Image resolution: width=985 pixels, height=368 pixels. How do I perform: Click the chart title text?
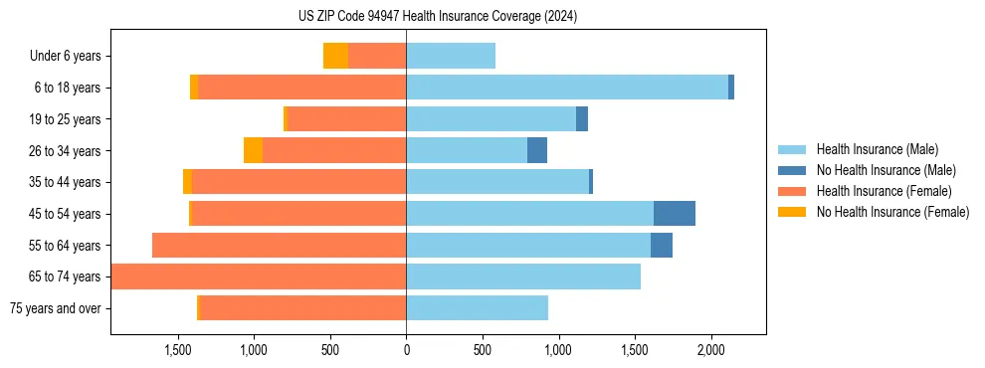(x=438, y=16)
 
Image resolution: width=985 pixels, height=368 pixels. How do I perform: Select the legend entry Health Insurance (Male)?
(x=877, y=149)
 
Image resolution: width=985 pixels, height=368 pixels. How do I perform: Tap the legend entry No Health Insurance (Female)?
(x=892, y=212)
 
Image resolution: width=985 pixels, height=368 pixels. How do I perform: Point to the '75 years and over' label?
(x=56, y=308)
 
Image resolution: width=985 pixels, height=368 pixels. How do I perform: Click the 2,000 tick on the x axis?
(x=710, y=351)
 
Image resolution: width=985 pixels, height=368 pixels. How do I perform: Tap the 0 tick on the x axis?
(x=406, y=351)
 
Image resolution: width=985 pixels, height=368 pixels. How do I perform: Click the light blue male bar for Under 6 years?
(x=451, y=56)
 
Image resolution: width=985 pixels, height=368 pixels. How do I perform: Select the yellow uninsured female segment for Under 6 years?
(x=335, y=56)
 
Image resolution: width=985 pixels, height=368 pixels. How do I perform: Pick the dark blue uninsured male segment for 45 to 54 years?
(x=675, y=214)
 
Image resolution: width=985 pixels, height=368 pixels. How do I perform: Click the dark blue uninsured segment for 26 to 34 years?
(x=537, y=150)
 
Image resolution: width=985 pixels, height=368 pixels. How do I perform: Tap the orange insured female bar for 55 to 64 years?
(x=279, y=245)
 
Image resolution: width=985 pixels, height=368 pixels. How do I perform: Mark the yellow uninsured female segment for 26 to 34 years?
(x=253, y=150)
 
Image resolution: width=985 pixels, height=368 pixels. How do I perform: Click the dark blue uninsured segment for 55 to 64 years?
(x=662, y=245)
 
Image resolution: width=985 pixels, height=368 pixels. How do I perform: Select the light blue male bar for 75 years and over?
(x=477, y=308)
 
